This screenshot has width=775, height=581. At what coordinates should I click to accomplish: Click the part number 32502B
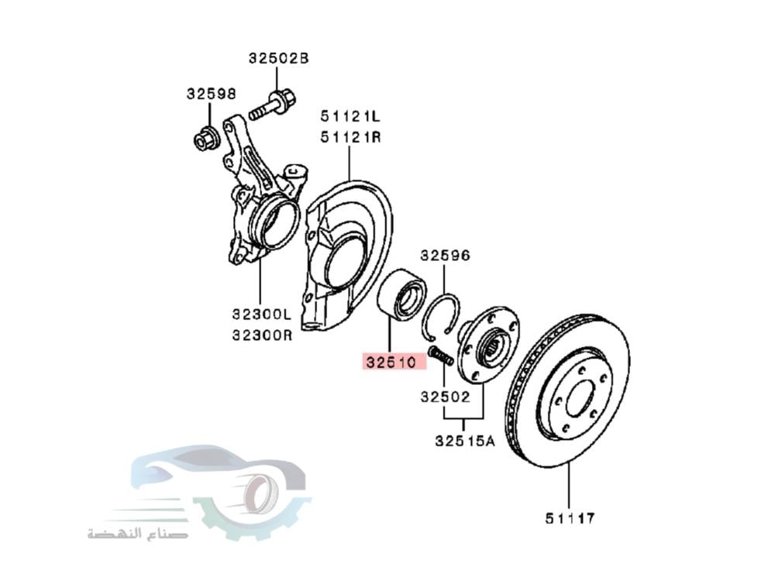[x=278, y=58]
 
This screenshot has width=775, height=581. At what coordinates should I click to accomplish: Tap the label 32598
[x=210, y=93]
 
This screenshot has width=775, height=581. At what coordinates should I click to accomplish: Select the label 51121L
[x=351, y=117]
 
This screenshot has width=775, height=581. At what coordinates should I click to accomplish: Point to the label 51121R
[x=351, y=138]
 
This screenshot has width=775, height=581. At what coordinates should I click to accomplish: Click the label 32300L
[x=260, y=315]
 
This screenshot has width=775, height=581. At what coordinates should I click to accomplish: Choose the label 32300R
[x=260, y=336]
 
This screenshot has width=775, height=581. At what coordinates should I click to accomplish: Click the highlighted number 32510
[x=393, y=362]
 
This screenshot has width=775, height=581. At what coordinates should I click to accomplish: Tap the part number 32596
[x=445, y=255]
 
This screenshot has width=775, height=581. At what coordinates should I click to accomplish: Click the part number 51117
[x=568, y=516]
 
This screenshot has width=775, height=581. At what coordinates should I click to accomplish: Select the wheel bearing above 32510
[x=401, y=295]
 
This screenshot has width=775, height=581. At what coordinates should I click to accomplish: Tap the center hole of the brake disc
[x=578, y=401]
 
